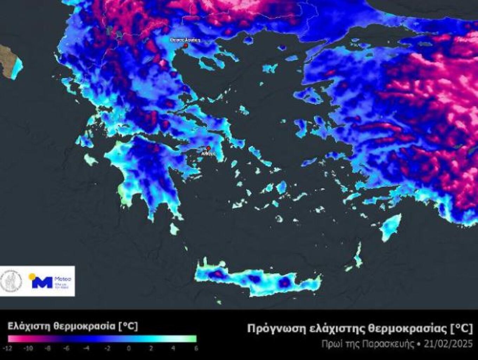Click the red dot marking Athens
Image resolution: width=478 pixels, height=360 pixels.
pyautogui.click(x=208, y=148)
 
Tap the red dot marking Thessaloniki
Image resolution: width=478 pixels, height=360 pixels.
pyautogui.click(x=186, y=45)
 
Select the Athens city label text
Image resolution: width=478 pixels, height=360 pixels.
pyautogui.click(x=208, y=154)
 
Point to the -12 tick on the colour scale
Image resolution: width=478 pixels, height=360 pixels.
pyautogui.click(x=8, y=348)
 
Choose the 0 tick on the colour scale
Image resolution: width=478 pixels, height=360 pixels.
pyautogui.click(x=129, y=348)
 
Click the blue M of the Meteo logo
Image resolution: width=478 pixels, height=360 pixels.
pyautogui.click(x=42, y=282)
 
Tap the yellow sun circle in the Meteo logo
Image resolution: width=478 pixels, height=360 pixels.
pyautogui.click(x=32, y=276)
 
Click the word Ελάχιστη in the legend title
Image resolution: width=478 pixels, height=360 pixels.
pyautogui.click(x=29, y=326)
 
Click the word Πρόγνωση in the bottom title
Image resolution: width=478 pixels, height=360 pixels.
pyautogui.click(x=271, y=329)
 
